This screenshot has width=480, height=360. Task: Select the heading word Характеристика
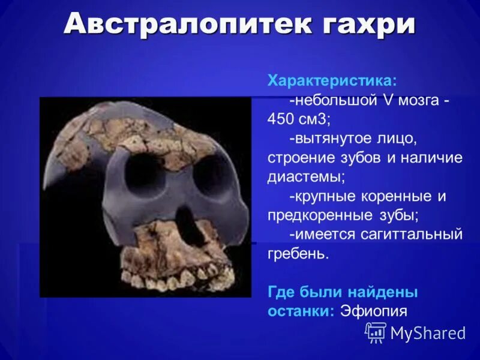tap(331, 80)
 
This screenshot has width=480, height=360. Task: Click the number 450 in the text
tap(281, 119)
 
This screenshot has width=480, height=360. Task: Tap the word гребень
tap(299, 254)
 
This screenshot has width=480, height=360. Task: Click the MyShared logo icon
tap(376, 332)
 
